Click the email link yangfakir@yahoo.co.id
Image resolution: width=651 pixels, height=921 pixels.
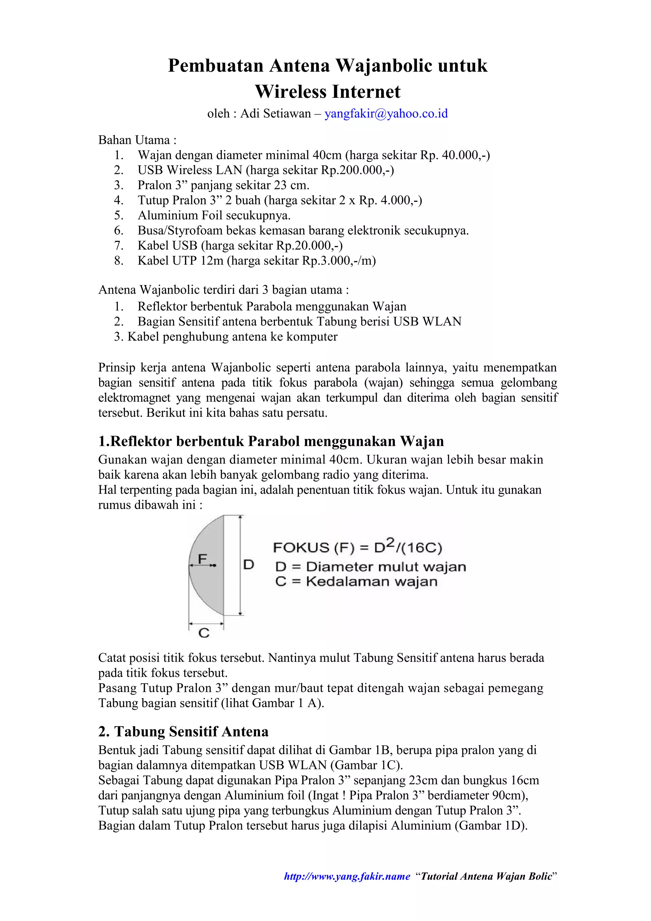[386, 113]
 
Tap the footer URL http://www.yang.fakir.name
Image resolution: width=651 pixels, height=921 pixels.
[347, 876]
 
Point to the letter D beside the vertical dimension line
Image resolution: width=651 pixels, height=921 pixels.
[249, 565]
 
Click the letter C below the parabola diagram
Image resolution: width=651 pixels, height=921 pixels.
[204, 633]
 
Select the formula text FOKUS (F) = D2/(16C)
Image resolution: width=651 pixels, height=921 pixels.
[357, 547]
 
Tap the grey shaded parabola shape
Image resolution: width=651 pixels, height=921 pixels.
[210, 582]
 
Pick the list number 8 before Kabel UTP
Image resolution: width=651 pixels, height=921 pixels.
[119, 261]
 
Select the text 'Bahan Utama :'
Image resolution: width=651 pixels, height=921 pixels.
[137, 140]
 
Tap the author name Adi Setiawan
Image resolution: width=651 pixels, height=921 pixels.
[276, 113]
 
